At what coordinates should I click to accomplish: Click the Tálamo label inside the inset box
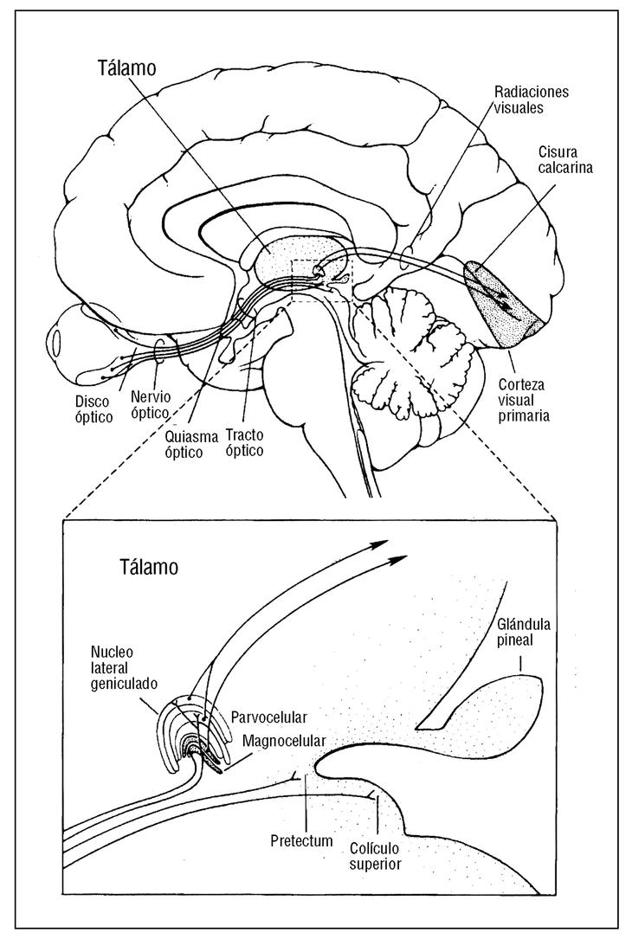coord(149,568)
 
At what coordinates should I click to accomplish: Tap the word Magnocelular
coord(283,742)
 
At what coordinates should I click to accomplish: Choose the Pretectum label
coord(301,839)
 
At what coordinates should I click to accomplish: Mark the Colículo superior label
coord(377,855)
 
